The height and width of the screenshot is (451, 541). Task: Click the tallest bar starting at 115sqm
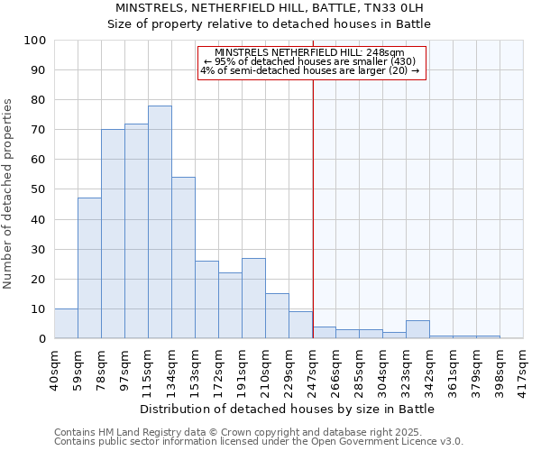[160, 222]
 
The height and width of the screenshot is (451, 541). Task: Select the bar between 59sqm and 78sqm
[89, 268]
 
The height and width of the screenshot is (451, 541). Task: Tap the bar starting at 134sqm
[183, 258]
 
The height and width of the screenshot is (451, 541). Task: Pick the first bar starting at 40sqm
[66, 324]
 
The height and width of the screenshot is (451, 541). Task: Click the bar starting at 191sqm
[253, 299]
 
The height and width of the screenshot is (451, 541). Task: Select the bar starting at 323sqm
[417, 329]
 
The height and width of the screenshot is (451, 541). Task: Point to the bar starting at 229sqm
[300, 325]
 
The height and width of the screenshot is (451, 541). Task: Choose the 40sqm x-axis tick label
[54, 368]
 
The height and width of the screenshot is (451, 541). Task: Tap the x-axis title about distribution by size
[288, 409]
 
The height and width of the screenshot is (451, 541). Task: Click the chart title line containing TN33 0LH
[270, 8]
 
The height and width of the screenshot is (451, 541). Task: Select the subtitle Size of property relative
[270, 24]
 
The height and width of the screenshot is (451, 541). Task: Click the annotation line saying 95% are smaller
[310, 61]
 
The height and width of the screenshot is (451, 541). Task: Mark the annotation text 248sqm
[310, 52]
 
